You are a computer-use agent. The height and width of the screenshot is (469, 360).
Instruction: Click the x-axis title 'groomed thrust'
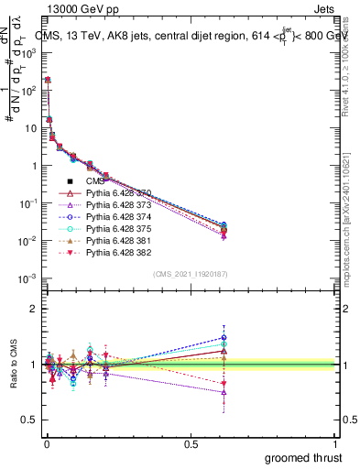[302, 457]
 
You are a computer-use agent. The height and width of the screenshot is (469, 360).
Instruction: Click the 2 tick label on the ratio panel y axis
[31, 309]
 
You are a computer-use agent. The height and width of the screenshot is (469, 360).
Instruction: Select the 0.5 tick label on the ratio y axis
[26, 420]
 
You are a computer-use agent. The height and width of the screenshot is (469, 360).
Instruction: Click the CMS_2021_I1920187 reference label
[190, 274]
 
